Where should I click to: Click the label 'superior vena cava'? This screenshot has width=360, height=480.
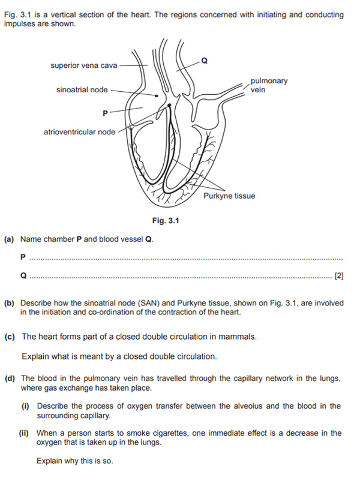[x=83, y=65]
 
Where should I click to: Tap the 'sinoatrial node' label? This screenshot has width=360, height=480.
[x=82, y=90]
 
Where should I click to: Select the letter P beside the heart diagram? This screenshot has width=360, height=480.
[x=106, y=112]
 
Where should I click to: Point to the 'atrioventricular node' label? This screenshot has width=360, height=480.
[x=80, y=131]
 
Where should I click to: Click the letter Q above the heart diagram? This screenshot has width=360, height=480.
[x=205, y=61]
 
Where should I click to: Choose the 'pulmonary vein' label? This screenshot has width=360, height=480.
[x=268, y=85]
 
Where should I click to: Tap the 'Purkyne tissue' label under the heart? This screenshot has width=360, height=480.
[x=229, y=196]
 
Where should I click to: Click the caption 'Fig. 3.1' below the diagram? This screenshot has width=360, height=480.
[x=166, y=221]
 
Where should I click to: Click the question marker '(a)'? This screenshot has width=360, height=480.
[x=9, y=239]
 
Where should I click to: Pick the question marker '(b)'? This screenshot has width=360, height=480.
[x=9, y=303]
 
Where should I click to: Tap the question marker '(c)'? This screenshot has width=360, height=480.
[x=9, y=337]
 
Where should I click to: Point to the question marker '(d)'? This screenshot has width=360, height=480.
[x=9, y=378]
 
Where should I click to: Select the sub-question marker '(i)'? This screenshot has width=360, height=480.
[x=26, y=406]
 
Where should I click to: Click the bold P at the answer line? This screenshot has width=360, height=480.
[x=23, y=257]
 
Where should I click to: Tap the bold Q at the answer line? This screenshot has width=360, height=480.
[x=23, y=276]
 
